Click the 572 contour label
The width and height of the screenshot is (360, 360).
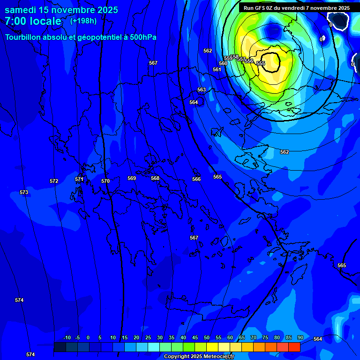[54, 181]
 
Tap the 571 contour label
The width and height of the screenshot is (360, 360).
[79, 179]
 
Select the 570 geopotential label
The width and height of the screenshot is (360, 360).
[105, 181]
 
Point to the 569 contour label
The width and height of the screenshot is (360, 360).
[132, 178]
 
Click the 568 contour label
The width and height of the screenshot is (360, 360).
[155, 178]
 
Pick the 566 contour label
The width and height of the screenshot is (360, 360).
[196, 179]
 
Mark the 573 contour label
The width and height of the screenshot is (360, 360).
[24, 192]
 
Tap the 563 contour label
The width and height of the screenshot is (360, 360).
[202, 90]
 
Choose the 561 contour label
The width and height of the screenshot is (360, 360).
[217, 69]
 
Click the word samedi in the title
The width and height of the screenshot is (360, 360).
[21, 10]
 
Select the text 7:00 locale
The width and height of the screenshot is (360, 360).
[33, 21]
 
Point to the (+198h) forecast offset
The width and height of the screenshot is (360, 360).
[83, 21]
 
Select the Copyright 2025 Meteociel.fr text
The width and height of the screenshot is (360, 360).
[199, 356]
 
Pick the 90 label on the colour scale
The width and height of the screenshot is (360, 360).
[300, 337]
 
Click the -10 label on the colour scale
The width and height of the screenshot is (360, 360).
[67, 337]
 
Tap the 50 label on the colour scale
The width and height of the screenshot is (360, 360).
[207, 337]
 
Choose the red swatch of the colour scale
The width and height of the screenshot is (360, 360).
[294, 347]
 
